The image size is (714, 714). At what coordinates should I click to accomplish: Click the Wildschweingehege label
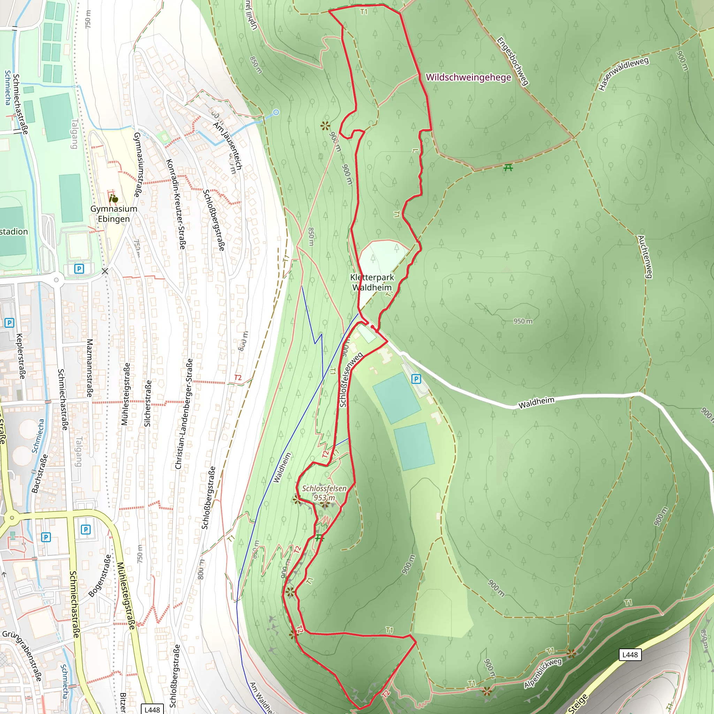(x=468, y=77)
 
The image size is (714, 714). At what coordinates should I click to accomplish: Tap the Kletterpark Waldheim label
(x=372, y=282)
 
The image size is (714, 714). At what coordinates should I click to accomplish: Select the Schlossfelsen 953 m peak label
(x=324, y=493)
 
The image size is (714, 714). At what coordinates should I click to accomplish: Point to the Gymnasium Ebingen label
(x=114, y=214)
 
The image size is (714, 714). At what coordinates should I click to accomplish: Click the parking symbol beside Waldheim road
(x=416, y=379)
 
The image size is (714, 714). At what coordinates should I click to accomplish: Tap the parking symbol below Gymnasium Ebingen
(x=79, y=269)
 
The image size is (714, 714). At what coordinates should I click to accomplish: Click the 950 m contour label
(x=523, y=321)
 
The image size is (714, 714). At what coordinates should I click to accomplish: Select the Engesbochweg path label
(x=512, y=61)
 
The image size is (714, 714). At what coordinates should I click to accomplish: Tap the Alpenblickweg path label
(x=543, y=673)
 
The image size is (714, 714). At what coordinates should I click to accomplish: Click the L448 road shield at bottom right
(x=630, y=655)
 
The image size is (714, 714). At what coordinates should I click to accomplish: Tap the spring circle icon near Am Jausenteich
(x=276, y=112)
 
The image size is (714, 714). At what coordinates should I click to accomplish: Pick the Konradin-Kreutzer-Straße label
(x=176, y=204)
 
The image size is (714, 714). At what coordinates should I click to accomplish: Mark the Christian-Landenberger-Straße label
(x=184, y=413)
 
